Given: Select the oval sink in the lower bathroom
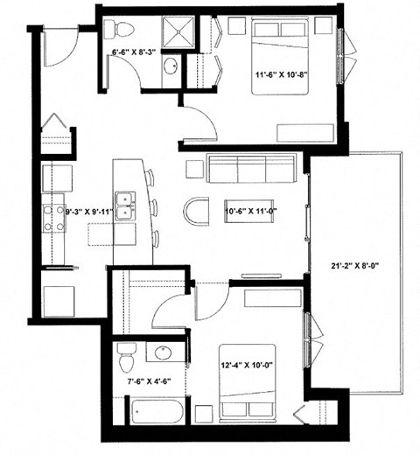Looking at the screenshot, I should pos(164,353).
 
